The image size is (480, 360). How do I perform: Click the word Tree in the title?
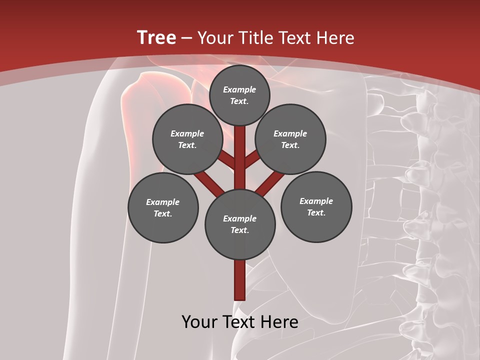click(156, 38)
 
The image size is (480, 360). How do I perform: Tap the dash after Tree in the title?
click(187, 38)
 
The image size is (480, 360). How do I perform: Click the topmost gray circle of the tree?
click(239, 95)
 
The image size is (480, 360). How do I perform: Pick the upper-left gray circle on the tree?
click(187, 139)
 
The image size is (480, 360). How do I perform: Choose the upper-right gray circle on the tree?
click(290, 139)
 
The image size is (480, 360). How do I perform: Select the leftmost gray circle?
click(163, 207)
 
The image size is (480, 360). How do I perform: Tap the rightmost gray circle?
click(316, 206)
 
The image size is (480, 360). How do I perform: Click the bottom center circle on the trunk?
click(240, 224)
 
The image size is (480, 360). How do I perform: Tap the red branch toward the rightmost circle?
click(273, 180)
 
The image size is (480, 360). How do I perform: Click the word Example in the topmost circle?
click(239, 89)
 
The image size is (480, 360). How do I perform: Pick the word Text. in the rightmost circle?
click(316, 212)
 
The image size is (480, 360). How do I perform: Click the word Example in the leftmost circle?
click(163, 202)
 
